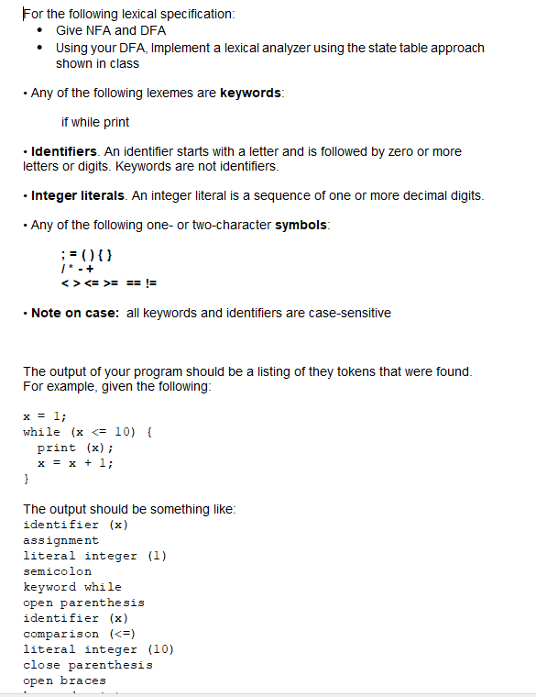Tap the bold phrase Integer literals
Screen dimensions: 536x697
tap(80, 196)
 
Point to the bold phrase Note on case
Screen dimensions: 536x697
tap(74, 314)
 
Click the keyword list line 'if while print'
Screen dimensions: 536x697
tap(95, 122)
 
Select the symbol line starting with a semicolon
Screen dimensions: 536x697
tap(85, 253)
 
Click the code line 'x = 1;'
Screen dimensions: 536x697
tap(44, 415)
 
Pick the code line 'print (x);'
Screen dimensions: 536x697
tap(75, 448)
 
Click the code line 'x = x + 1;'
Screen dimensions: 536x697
tap(75, 463)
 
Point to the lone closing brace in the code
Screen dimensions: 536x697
tap(27, 479)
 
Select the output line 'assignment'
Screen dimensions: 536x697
tap(60, 540)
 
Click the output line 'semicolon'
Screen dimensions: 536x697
tap(57, 571)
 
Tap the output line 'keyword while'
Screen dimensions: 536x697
tap(71, 587)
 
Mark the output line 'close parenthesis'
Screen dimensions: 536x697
tap(87, 665)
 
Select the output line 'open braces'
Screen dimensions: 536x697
tap(64, 680)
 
